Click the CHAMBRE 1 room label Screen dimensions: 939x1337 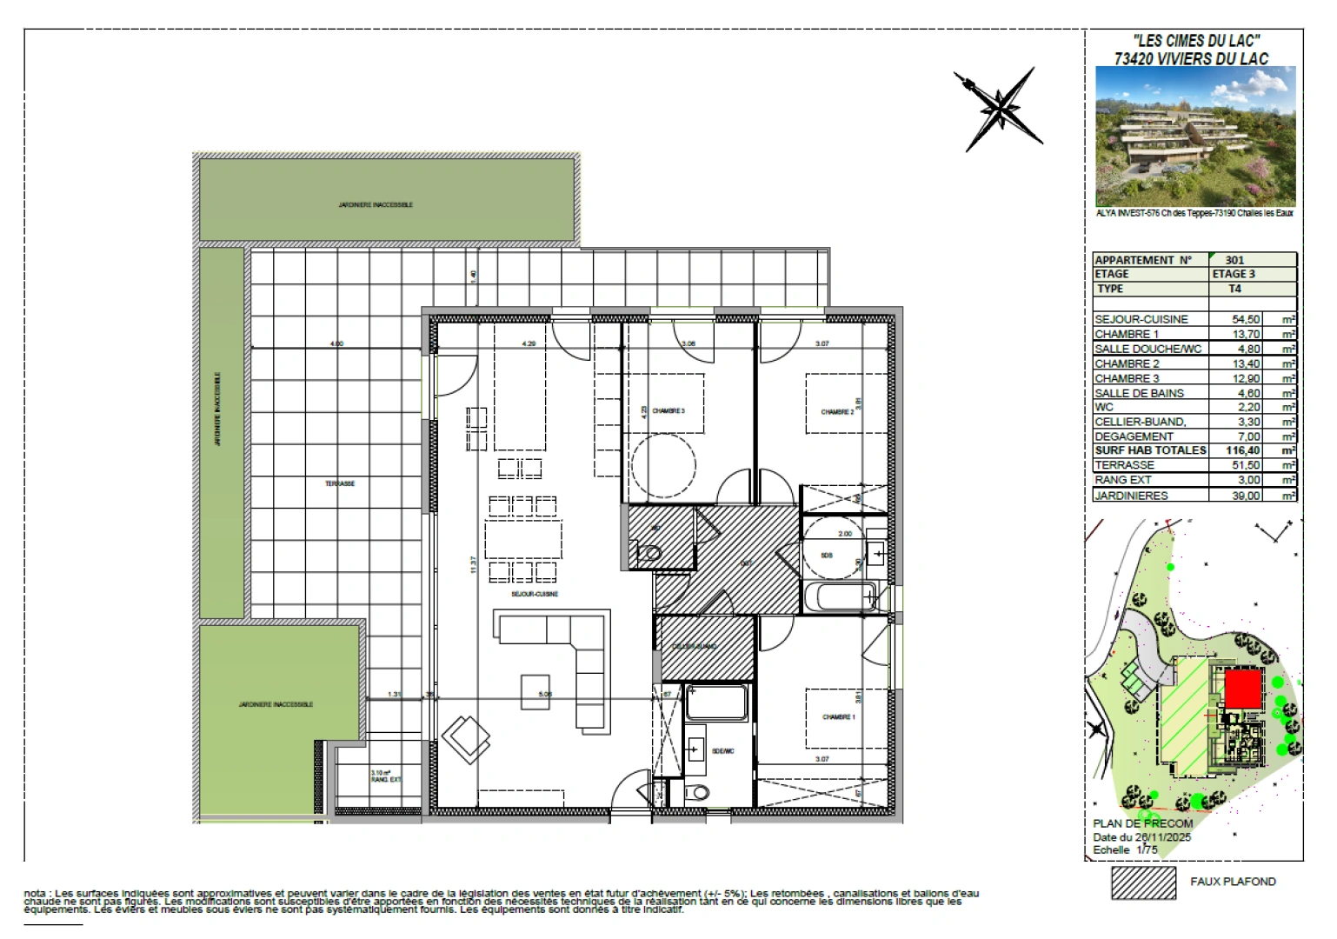(x=838, y=717)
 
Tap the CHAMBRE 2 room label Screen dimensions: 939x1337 (x=837, y=412)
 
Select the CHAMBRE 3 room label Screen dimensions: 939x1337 (x=668, y=410)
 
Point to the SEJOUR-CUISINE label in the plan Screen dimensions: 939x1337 (x=535, y=594)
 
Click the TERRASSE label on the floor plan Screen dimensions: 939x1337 (x=340, y=483)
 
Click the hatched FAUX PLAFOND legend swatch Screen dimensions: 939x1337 (x=1143, y=882)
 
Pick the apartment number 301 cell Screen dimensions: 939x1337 (x=1234, y=260)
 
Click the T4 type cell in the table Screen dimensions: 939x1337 (x=1234, y=289)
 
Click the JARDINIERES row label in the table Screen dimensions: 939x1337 (x=1131, y=496)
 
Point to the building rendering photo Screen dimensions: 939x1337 (x=1194, y=137)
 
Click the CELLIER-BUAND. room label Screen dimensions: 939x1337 (x=695, y=647)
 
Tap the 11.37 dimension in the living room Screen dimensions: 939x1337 (x=474, y=564)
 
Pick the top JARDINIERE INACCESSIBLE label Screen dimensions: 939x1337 (x=376, y=205)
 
